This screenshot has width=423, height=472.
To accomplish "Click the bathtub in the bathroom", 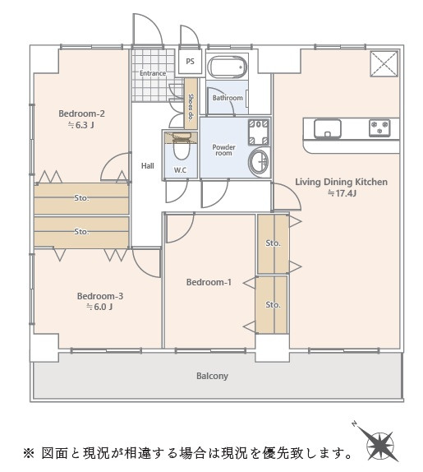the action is [x=228, y=67].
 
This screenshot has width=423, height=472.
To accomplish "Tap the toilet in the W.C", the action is [x=181, y=146].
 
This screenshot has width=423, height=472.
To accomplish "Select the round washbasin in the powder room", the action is [x=258, y=162].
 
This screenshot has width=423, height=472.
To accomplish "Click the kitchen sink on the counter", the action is [x=328, y=128].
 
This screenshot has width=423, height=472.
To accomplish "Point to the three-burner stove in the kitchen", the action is [x=380, y=127].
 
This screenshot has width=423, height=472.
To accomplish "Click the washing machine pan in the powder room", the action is [x=258, y=132].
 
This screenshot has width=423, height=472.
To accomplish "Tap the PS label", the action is [x=190, y=62].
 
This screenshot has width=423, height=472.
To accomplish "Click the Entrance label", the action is [x=153, y=73].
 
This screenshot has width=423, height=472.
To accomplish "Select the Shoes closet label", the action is [x=191, y=107].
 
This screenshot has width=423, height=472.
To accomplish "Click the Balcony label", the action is [x=212, y=376].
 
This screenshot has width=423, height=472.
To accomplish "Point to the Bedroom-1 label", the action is [x=209, y=282].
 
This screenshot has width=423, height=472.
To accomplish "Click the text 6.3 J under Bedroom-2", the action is [x=81, y=125].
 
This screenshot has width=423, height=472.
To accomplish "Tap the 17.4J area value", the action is [x=342, y=193].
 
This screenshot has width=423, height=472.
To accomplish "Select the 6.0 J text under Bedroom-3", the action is [x=99, y=307].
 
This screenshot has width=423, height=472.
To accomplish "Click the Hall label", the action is [x=148, y=165].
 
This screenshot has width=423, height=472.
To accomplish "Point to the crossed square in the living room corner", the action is [x=384, y=64].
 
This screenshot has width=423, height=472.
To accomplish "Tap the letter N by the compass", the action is [x=355, y=424].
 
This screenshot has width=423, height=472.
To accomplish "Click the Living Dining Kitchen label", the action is [x=341, y=182].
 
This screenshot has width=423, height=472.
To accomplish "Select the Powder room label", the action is [x=223, y=150].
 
